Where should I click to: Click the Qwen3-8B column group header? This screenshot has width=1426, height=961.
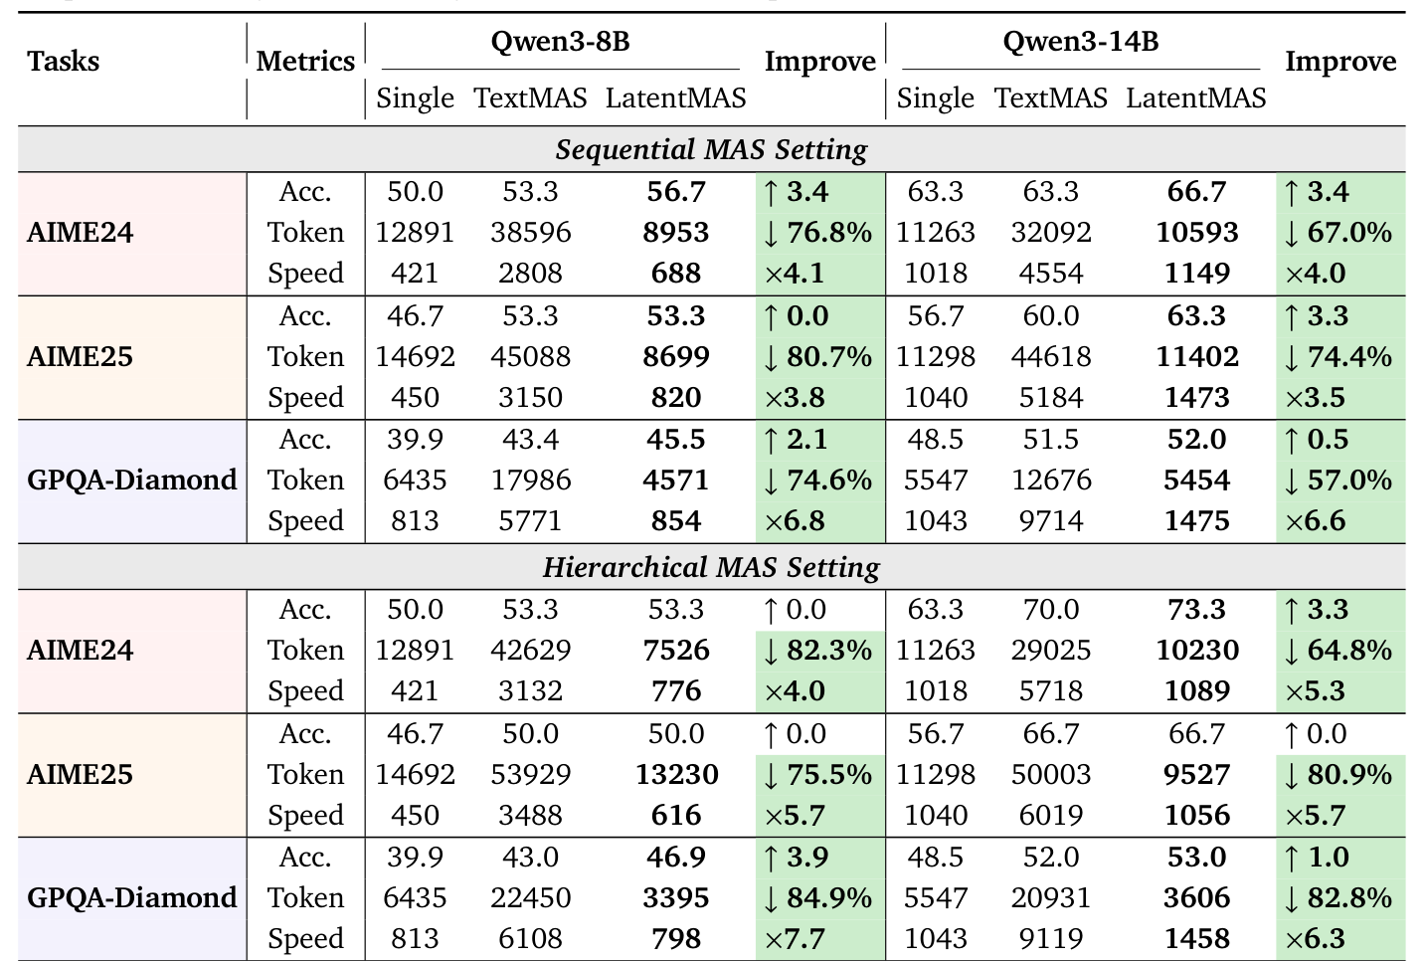[x=560, y=42]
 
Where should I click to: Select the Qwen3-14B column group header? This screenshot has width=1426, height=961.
[x=1080, y=42]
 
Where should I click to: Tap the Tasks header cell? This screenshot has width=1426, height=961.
[x=64, y=62]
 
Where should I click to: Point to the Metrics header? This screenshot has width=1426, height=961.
[x=305, y=62]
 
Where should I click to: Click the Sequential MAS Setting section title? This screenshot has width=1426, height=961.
[x=711, y=150]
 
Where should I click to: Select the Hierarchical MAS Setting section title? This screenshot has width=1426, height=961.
[x=711, y=568]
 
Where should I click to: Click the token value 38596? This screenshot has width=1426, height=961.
[x=530, y=233]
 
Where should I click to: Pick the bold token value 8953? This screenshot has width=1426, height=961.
[x=676, y=233]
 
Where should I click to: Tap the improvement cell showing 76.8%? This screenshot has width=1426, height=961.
[x=819, y=233]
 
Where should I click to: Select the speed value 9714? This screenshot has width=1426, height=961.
[x=1051, y=521]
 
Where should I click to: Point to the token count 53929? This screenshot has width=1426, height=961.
[x=530, y=775]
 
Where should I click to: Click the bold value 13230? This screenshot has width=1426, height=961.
[x=676, y=775]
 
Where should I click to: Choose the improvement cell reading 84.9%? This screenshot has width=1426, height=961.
[x=819, y=898]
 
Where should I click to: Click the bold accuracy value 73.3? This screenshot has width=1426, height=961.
[x=1196, y=610]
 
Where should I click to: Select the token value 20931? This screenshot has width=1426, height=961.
[x=1051, y=898]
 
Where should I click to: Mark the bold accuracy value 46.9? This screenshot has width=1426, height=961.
[x=676, y=858]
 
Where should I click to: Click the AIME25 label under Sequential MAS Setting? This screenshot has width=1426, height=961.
[x=80, y=357]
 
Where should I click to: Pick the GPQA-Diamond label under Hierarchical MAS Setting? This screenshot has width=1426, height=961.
[x=131, y=898]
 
